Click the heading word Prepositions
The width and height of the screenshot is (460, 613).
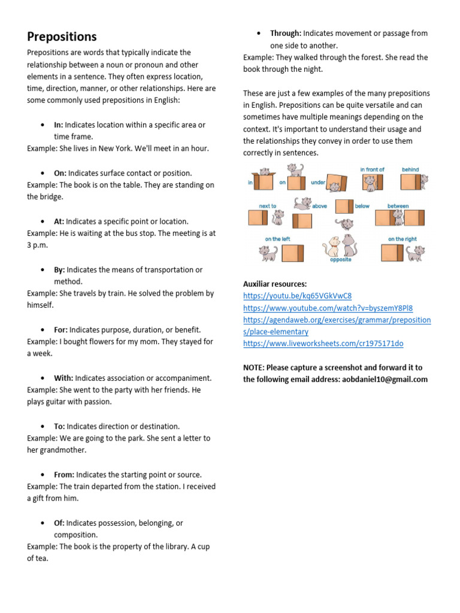click(x=62, y=37)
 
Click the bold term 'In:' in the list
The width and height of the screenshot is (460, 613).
click(x=58, y=125)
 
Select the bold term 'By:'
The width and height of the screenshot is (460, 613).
click(x=59, y=270)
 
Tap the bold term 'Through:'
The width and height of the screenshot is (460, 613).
click(x=286, y=34)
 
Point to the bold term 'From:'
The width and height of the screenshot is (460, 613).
click(x=64, y=475)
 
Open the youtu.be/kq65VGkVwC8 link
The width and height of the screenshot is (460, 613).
click(x=297, y=296)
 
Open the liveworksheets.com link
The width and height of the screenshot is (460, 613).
click(x=323, y=344)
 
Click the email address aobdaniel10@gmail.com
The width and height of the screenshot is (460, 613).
click(x=381, y=380)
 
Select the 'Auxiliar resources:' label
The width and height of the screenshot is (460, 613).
click(x=275, y=284)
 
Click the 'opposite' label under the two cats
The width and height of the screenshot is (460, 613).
click(x=340, y=260)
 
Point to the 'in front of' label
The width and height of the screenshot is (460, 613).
click(x=372, y=170)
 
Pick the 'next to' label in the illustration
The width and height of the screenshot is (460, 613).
click(x=267, y=206)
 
